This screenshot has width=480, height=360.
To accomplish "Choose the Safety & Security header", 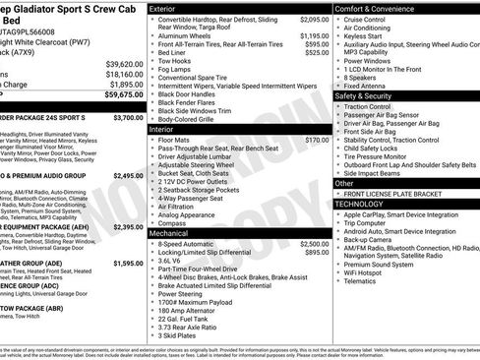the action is [x=370, y=96].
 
